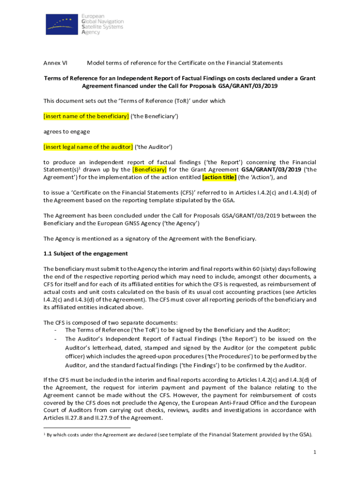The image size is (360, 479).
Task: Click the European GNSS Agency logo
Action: coord(84,23)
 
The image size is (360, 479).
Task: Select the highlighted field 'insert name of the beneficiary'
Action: coord(86,116)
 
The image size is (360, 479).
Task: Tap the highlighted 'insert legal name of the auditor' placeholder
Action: coord(88,147)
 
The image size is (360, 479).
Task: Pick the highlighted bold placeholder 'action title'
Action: coord(219,177)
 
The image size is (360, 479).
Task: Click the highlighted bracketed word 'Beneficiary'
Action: coord(150,169)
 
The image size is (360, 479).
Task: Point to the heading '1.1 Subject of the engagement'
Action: coord(86,254)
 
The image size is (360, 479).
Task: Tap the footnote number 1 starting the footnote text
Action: coord(44,434)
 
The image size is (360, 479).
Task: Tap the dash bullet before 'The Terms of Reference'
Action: coord(56,330)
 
